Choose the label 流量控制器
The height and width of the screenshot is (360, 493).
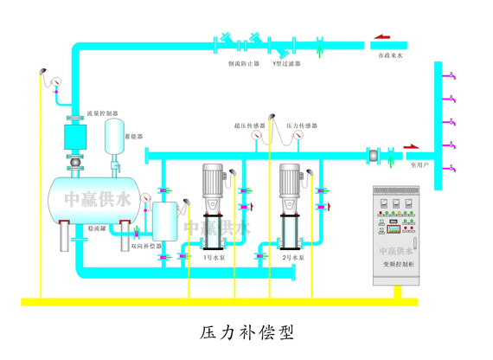point(103,112)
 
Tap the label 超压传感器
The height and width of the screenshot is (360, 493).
point(248,125)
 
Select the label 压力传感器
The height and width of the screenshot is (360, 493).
point(300,125)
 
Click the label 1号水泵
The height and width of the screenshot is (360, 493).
point(214,259)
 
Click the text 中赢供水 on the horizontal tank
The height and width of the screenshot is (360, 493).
point(88,201)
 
